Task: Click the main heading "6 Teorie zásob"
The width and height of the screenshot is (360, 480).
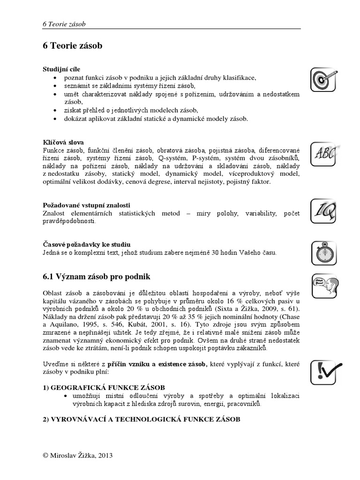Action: [72, 46]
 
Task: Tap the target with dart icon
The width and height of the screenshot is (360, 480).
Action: [322, 80]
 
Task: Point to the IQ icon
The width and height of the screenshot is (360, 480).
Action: [322, 212]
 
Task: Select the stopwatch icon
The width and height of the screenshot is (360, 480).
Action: [322, 253]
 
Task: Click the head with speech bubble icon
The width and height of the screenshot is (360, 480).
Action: [322, 286]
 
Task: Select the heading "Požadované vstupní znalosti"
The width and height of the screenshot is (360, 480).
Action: [86, 205]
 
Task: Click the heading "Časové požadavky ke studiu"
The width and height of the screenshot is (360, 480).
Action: [86, 245]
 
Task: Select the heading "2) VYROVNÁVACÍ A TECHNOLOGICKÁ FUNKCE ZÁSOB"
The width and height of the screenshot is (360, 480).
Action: [141, 419]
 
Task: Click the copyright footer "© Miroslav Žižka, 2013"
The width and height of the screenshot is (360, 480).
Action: [77, 455]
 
